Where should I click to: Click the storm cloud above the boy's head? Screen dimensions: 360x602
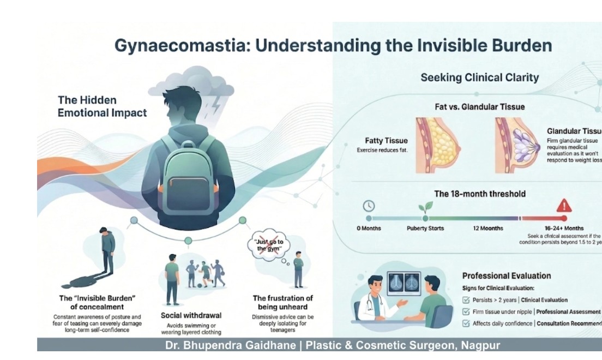point(189,82)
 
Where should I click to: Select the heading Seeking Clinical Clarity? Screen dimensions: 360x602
point(479,77)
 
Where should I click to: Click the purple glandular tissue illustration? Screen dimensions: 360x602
point(515,142)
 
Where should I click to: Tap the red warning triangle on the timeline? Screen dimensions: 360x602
point(563,206)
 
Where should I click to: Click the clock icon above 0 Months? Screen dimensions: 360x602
point(369,206)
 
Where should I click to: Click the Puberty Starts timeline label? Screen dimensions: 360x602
point(425,228)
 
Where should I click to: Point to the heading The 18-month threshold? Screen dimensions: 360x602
point(479,194)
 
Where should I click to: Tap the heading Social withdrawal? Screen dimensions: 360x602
point(191,315)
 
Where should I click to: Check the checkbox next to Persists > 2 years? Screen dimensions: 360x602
point(466,299)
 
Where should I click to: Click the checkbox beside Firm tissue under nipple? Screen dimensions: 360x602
point(466,311)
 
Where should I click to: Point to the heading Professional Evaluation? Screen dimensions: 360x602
point(507,276)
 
